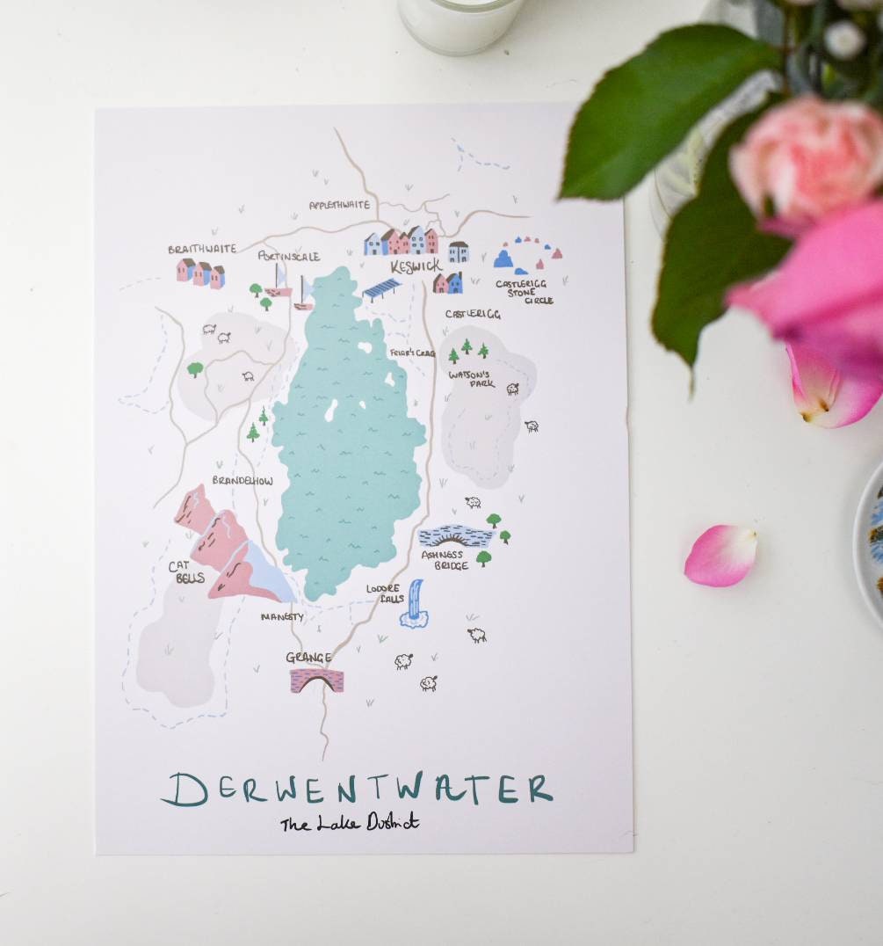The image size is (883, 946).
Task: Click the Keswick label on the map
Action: pos(416,266)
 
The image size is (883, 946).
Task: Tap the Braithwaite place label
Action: pos(202,249)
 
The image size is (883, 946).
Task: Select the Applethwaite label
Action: pos(339,205)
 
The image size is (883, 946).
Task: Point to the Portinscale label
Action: pos(289,256)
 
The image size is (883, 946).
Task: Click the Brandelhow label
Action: pos(242,481)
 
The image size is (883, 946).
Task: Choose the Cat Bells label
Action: pos(186,572)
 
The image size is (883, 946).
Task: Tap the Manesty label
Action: pos(282,617)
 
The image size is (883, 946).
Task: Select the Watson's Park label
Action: pos(472,379)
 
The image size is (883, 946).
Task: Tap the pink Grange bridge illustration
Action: pos(316,680)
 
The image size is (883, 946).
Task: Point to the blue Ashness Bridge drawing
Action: pos(454,536)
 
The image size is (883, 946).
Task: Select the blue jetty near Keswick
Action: pos(381,288)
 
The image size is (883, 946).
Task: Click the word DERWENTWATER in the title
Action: pos(357,789)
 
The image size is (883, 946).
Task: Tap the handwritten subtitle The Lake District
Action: pos(350,824)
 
